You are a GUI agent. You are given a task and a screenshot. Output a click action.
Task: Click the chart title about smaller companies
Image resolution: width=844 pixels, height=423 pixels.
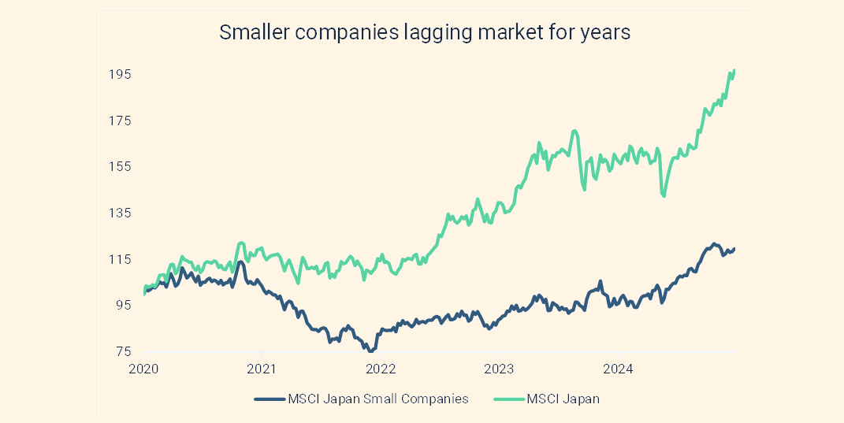click(425, 33)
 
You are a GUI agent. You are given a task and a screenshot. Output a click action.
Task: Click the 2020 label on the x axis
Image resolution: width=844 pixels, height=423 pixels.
click(143, 368)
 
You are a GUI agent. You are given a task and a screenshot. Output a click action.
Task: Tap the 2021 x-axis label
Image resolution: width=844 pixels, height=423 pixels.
click(262, 368)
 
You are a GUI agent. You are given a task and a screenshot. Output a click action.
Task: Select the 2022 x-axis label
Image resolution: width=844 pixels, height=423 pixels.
click(381, 368)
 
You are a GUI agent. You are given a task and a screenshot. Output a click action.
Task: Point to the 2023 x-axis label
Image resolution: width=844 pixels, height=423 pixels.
click(500, 368)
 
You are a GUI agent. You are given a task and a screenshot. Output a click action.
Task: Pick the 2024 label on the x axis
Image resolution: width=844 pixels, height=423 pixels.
click(619, 368)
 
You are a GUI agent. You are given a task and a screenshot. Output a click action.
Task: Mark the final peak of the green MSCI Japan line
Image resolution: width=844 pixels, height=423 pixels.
click(734, 70)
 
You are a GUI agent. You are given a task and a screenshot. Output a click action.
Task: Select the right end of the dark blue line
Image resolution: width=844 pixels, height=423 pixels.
click(734, 249)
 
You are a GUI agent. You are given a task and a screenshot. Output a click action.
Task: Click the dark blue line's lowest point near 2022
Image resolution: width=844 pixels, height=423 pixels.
click(370, 351)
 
